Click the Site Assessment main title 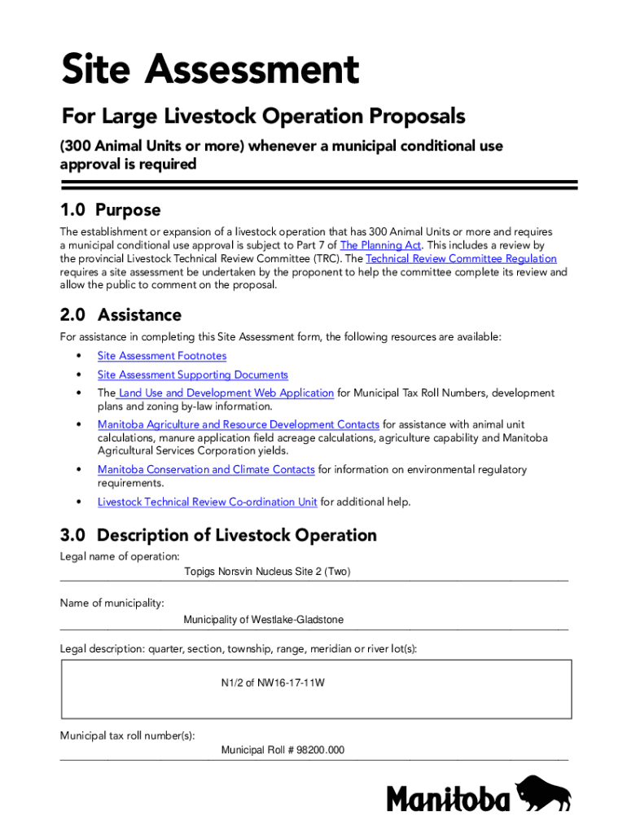(210, 70)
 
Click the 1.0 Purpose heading (110, 210)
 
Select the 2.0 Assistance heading (121, 314)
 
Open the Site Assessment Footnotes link (162, 356)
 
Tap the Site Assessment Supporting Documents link (193, 375)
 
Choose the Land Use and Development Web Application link (226, 393)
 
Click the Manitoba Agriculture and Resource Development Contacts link (239, 424)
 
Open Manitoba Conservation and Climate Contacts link (206, 470)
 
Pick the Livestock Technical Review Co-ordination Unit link (208, 503)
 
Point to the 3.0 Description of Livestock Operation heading (218, 535)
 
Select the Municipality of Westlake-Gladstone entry (263, 620)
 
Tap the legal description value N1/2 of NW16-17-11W (273, 683)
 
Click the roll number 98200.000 (283, 750)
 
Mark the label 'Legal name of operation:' (120, 556)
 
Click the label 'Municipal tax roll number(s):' (127, 735)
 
